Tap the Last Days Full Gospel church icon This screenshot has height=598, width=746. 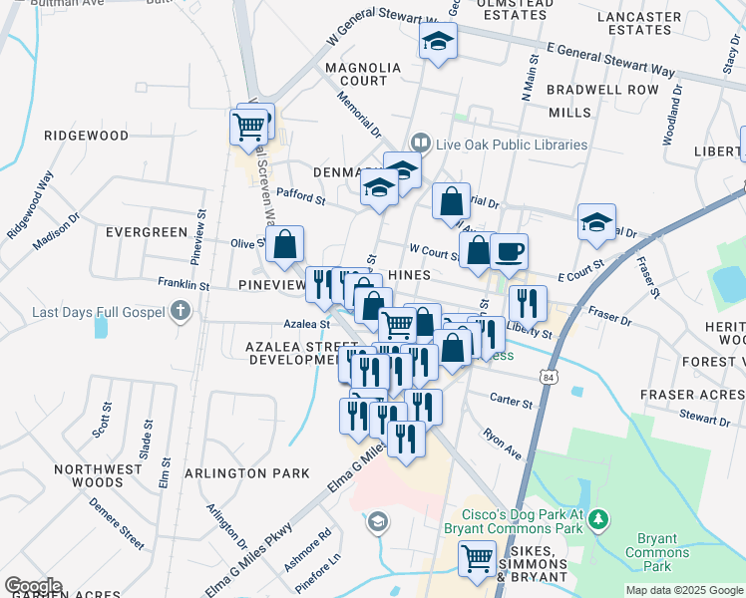pos(180,312)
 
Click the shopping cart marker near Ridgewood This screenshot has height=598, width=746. pos(248,127)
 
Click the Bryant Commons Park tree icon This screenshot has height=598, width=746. pos(598,518)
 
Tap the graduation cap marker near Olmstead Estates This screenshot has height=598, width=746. pos(436,42)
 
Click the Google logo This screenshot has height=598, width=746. pos(33,586)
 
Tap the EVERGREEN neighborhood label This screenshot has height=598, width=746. pos(147,232)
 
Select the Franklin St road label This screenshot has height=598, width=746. pos(184,285)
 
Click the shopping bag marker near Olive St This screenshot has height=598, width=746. pos(284,244)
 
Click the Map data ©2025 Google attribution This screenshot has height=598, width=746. pos(684,590)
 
